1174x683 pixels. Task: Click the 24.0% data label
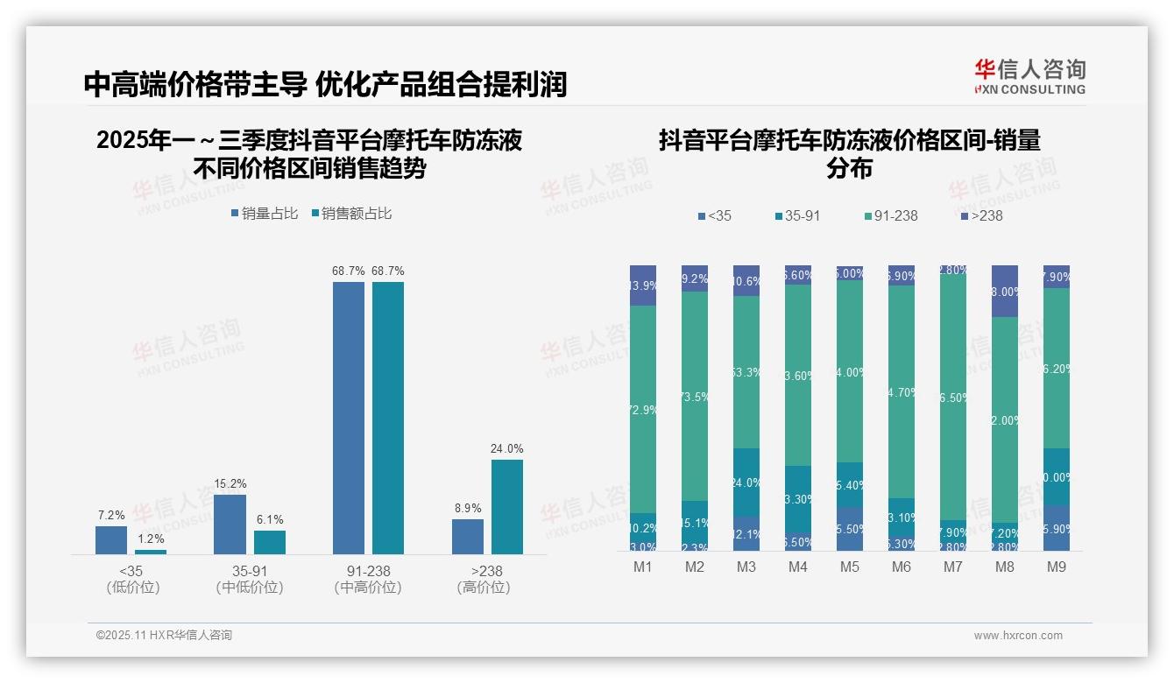click(506, 449)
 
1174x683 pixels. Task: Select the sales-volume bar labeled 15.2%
click(230, 525)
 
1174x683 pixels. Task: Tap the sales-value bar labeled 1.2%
click(151, 552)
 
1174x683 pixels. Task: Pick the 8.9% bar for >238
click(468, 537)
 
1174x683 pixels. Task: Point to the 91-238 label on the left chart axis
click(368, 571)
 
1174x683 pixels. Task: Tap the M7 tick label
click(953, 567)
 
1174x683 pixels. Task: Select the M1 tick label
click(643, 567)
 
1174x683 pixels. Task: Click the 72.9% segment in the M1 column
click(643, 409)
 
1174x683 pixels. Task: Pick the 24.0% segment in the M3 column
click(746, 482)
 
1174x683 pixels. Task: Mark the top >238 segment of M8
click(1005, 291)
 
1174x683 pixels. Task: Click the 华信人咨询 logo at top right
click(1029, 76)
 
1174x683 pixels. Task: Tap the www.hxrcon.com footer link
click(1018, 636)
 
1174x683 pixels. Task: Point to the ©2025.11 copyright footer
click(164, 636)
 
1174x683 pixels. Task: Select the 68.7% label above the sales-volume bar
click(348, 271)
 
